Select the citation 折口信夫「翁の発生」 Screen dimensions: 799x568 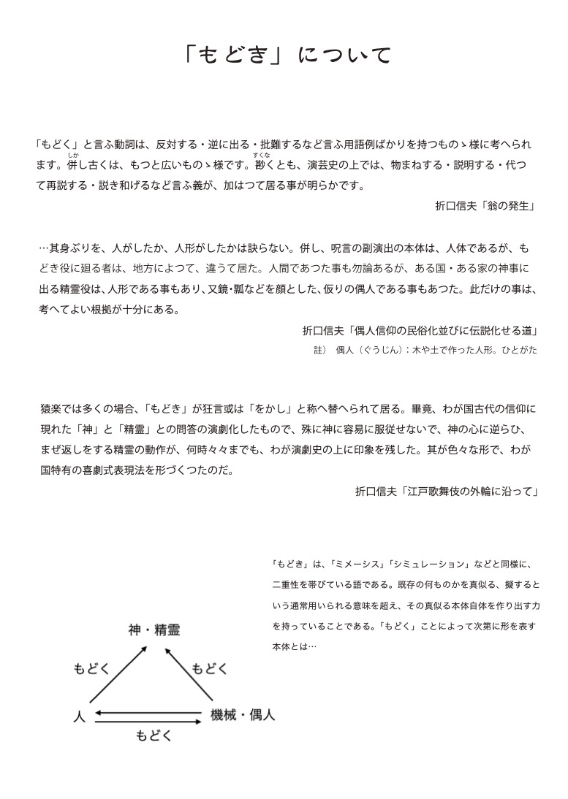point(485,207)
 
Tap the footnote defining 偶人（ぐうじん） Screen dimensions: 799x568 point(425,351)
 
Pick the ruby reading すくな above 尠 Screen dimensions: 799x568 point(262,154)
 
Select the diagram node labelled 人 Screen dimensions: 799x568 point(79,716)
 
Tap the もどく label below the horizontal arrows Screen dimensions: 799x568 point(154,736)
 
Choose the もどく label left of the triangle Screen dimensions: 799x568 point(92,668)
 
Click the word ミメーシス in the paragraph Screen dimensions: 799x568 point(356,564)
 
